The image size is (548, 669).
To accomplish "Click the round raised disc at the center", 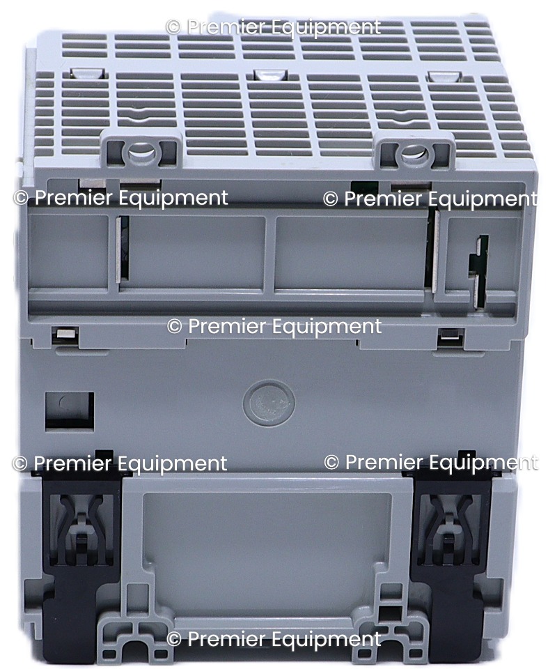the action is (269, 403).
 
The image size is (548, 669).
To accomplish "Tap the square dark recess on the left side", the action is (70, 410).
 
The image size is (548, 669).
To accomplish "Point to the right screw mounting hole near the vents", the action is (411, 153).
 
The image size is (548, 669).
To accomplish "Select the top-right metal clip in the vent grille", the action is (444, 76).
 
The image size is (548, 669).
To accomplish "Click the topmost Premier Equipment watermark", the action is (274, 27).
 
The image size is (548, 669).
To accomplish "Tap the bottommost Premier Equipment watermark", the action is (274, 639).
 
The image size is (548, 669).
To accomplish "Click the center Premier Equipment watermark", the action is (274, 326).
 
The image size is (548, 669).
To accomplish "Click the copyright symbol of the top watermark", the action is (173, 27).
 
